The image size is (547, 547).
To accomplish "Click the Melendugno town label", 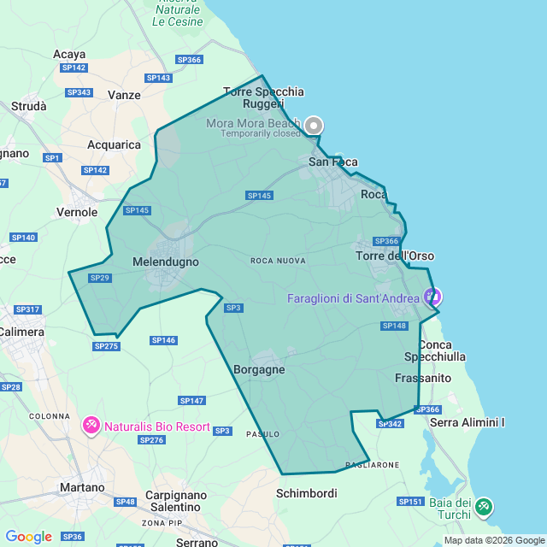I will [166, 262].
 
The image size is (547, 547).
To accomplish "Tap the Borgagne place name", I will [259, 370].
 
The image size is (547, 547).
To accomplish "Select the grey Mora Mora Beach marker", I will [314, 126].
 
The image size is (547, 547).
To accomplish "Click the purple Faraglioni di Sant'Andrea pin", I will [433, 297].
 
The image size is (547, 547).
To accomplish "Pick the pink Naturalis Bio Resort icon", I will [91, 425].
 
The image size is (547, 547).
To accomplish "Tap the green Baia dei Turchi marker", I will [484, 506].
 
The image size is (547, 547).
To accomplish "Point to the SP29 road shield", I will [100, 278].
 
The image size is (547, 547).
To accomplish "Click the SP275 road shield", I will [107, 346].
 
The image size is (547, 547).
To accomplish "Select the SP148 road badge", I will [395, 326].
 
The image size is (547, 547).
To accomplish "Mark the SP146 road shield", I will [163, 340].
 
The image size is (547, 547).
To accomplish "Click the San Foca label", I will [333, 162].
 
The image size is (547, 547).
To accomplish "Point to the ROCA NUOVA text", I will [278, 261].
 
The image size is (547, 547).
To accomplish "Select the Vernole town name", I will [77, 211].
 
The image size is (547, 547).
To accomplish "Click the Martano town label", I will [82, 487].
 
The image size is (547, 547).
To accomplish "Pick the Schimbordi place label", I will [306, 493].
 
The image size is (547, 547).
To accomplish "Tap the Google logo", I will [28, 537].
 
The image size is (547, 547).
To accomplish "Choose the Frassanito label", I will [423, 377].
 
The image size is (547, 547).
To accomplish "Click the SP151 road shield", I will [410, 502].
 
